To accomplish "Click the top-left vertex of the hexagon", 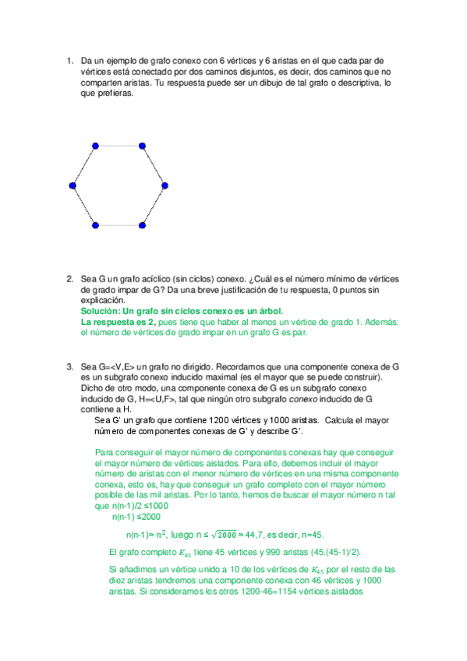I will [95, 145].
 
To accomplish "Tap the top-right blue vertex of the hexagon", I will [142, 145].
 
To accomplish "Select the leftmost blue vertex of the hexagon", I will [73, 186].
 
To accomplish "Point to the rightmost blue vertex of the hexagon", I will [165, 186].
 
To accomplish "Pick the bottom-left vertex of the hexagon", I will [95, 225].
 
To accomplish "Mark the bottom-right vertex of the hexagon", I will [142, 225].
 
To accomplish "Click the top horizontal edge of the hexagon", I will [119, 145].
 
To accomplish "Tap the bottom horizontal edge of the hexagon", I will [119, 225].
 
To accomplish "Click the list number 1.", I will [69, 61].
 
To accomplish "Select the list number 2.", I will [69, 277].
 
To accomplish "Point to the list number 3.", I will [69, 365].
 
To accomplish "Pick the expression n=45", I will [336, 534].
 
